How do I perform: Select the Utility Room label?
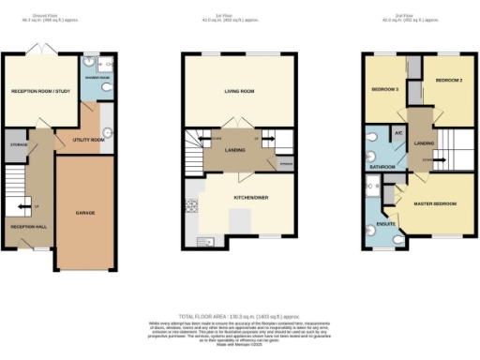89,139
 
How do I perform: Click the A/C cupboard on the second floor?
397,133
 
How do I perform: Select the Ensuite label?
382,224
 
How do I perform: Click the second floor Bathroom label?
381,166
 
